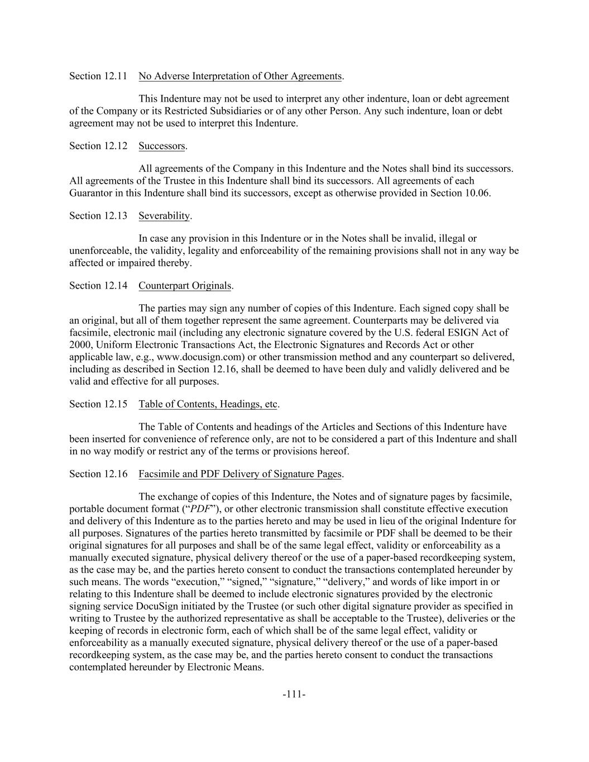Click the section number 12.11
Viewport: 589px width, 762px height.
point(116,76)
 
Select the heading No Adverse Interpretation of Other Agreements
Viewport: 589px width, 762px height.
point(240,76)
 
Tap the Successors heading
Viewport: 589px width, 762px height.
point(161,146)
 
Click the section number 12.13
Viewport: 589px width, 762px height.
point(116,215)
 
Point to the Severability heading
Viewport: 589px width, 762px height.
point(164,215)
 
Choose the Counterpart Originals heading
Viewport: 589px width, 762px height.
point(185,285)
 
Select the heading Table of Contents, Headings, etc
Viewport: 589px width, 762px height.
point(208,404)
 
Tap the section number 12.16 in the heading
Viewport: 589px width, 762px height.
point(116,474)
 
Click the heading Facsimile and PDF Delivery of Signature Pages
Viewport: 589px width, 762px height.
point(240,474)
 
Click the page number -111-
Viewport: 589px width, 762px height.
point(294,694)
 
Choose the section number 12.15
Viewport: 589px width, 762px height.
point(116,404)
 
